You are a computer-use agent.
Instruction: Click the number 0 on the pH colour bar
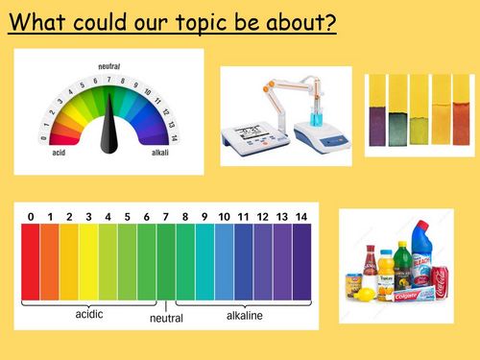[x=31, y=218]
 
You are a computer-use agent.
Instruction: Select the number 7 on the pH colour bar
[x=165, y=218]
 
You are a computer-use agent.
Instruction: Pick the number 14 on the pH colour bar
[x=300, y=218]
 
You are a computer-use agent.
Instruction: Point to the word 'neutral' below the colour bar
[x=166, y=320]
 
